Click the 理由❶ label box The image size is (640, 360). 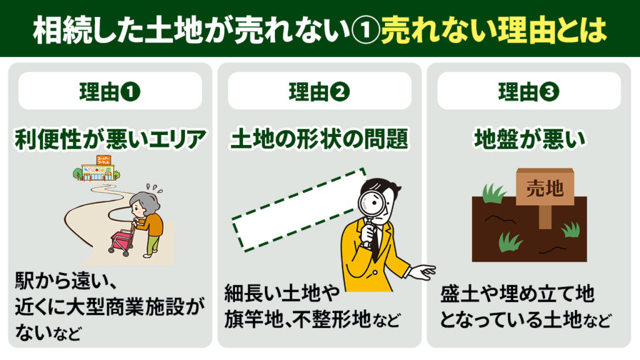(x=110, y=91)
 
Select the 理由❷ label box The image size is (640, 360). (x=319, y=91)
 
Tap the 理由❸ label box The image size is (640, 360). (x=529, y=91)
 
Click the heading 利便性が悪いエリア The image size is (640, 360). (x=110, y=139)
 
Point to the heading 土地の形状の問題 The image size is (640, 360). (x=319, y=139)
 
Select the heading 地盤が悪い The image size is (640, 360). (x=529, y=139)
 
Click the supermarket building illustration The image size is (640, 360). (x=97, y=168)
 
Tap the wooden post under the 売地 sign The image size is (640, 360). (x=545, y=217)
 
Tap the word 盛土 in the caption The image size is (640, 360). (x=459, y=294)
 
